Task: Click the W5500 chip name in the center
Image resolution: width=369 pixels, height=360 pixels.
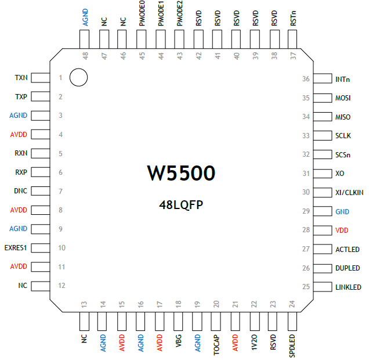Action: pos(181,173)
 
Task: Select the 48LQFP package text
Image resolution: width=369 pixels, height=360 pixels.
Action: pos(180,205)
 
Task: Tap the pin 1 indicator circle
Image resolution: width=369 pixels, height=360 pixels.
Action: pos(78,77)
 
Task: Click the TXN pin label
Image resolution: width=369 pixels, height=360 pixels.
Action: pos(21,78)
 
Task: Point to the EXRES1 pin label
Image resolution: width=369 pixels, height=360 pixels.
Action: pos(16,248)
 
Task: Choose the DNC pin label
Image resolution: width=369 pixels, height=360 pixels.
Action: pos(20,191)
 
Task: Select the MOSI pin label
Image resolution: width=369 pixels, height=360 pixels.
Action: pos(343,98)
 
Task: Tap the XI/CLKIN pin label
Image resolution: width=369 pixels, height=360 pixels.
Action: pos(349,192)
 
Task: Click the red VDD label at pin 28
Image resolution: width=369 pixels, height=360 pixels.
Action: pos(342,231)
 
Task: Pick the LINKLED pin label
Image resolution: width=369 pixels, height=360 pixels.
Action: pos(348,287)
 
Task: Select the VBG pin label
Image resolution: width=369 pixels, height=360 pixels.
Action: pos(179,340)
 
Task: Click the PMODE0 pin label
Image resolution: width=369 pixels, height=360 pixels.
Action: pos(142,14)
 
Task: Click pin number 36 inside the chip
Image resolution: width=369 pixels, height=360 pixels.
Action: pos(306,79)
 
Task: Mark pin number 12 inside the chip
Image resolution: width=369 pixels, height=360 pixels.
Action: pos(61,286)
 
